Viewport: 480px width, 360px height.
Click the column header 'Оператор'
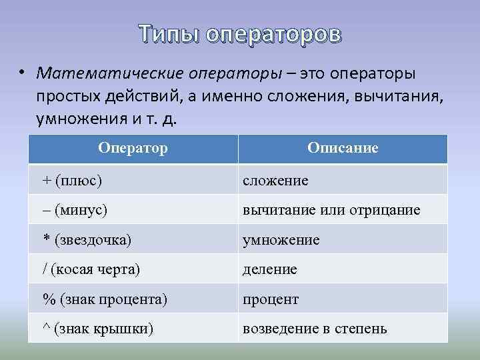tap(133, 147)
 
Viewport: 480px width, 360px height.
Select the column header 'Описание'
tap(343, 147)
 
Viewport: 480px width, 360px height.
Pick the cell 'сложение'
tap(275, 181)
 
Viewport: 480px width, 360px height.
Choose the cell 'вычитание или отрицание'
tap(331, 210)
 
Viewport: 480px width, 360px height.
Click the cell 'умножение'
tap(281, 240)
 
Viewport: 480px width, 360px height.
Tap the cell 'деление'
tap(269, 270)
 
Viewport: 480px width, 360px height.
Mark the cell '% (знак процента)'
tap(105, 299)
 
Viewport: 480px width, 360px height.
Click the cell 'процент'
tap(271, 300)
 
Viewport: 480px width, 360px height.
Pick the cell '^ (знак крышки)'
tap(98, 329)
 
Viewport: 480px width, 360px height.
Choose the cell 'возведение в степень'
tap(315, 329)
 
